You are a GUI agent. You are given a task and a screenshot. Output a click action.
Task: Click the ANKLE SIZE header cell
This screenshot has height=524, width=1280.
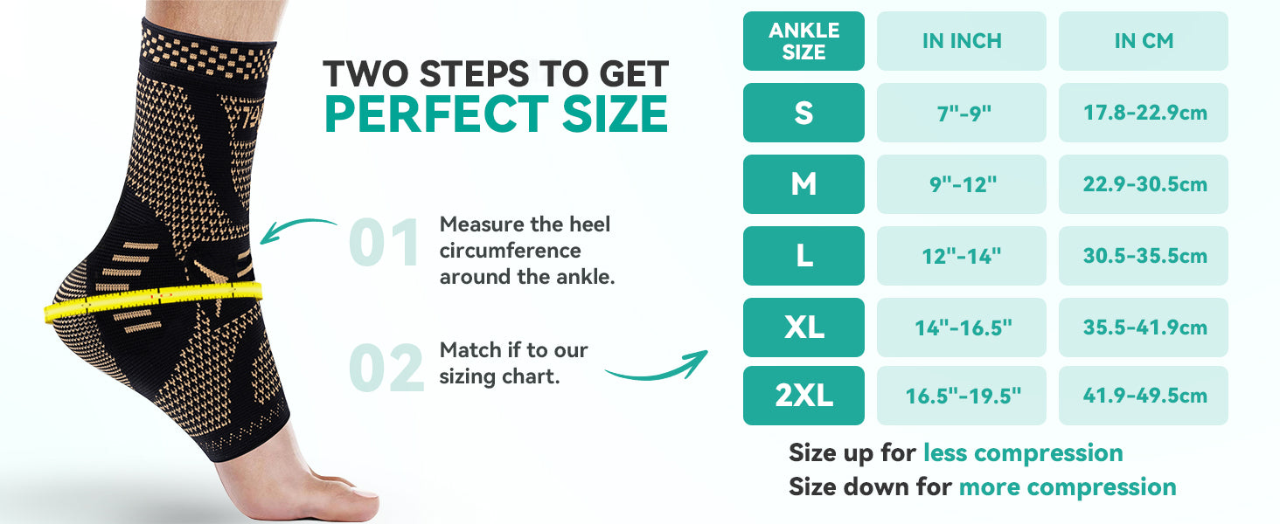pyautogui.click(x=803, y=41)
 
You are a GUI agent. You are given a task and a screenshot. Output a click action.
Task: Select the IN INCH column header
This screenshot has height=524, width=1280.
pyautogui.click(x=962, y=41)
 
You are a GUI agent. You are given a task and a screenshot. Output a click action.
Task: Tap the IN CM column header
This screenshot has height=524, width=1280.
pyautogui.click(x=1144, y=41)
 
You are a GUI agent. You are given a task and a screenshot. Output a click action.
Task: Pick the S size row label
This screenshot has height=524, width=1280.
pyautogui.click(x=803, y=113)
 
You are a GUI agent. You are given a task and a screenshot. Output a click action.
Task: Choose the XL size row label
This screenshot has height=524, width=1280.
pyautogui.click(x=803, y=327)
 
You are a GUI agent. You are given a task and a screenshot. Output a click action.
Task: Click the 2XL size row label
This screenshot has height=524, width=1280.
pyautogui.click(x=803, y=395)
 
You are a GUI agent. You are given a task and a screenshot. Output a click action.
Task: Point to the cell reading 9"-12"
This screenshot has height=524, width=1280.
pyautogui.click(x=962, y=184)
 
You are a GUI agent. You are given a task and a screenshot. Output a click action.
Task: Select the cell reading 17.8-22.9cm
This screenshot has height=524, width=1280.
pyautogui.click(x=1144, y=113)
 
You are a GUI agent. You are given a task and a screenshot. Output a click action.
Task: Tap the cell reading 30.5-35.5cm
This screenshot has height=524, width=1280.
pyautogui.click(x=1144, y=256)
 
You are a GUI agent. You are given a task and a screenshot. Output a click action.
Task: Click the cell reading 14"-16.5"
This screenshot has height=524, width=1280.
pyautogui.click(x=962, y=327)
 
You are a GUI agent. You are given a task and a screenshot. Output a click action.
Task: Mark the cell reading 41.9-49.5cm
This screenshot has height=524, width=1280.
pyautogui.click(x=1144, y=395)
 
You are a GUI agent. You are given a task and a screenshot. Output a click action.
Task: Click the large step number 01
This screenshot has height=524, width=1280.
pyautogui.click(x=385, y=243)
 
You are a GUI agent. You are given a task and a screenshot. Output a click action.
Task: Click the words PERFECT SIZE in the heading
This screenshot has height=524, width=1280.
pyautogui.click(x=496, y=114)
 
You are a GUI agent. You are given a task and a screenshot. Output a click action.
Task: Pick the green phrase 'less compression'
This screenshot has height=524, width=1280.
pyautogui.click(x=1023, y=452)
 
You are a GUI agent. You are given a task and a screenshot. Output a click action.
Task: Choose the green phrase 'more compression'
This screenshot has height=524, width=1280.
pyautogui.click(x=1068, y=487)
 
